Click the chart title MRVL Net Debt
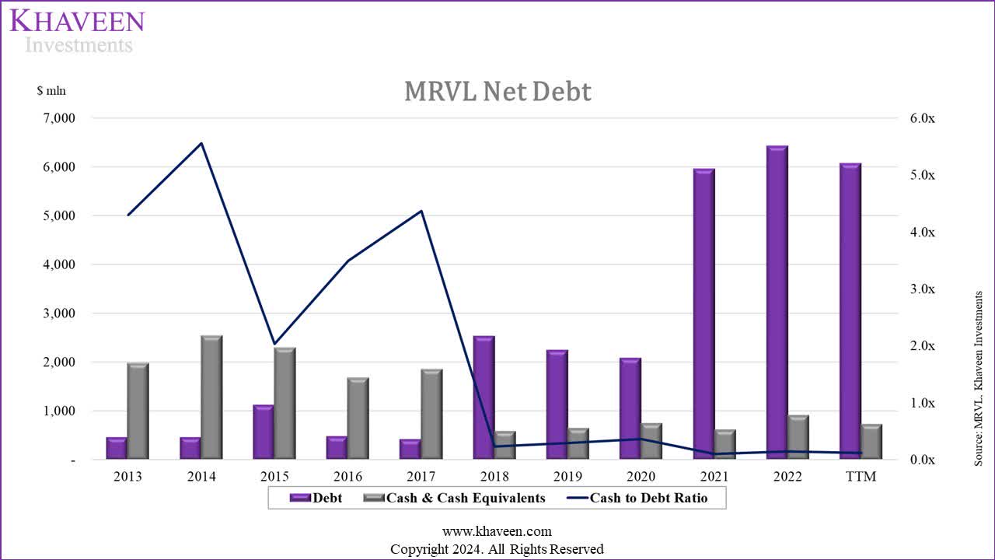coord(497,92)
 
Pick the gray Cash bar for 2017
coord(431,414)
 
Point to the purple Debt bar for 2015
coord(264,432)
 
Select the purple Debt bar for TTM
coord(850,311)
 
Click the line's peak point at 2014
coord(201,143)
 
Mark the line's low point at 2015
coord(274,343)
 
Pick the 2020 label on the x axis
coord(641,477)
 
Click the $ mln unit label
coord(51,91)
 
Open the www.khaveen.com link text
coord(497,532)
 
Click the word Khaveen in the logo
coord(77,20)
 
